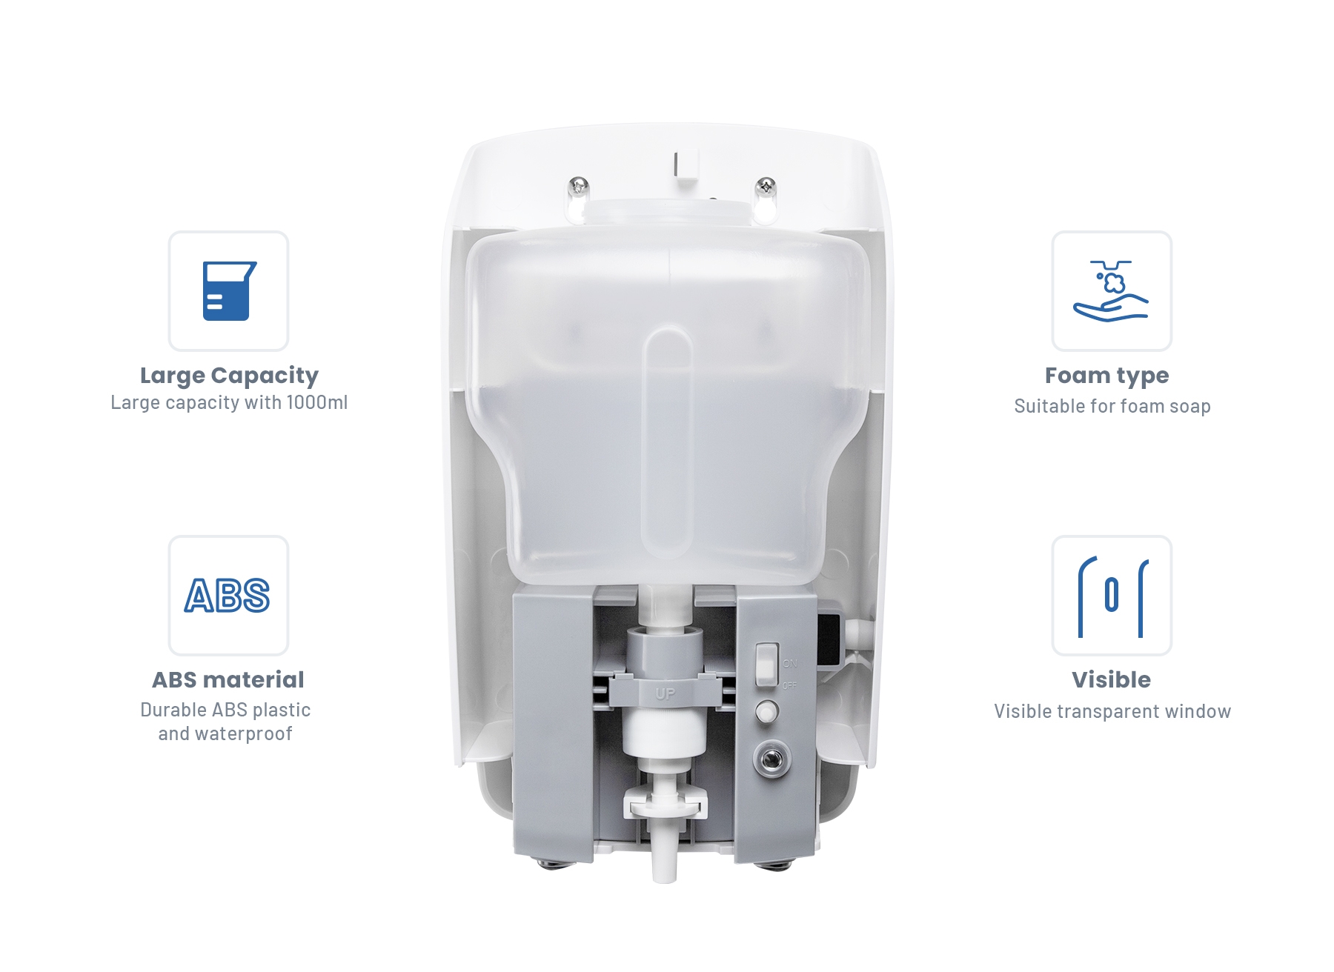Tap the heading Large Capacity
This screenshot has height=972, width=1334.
coord(229,376)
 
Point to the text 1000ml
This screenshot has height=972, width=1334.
coord(317,402)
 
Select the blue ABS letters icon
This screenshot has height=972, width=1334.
coord(228,596)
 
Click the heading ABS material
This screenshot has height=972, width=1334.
coord(228,679)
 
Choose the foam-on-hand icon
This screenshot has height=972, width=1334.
coord(1111,290)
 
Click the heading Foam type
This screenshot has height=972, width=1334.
coord(1107,376)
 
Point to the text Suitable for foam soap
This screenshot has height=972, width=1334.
coord(1112,406)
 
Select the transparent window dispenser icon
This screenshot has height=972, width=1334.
coord(1112,596)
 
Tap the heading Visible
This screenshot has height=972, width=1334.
coord(1111,679)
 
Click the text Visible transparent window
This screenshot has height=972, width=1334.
coord(1112,711)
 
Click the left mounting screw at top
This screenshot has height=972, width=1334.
coord(578,185)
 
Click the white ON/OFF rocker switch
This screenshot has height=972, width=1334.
coord(766,665)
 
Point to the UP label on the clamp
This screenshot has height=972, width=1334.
coord(665,693)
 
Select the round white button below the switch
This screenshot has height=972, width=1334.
coord(767,713)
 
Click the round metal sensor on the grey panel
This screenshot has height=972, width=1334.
coord(771,759)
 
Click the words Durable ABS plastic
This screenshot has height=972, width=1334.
coord(225,710)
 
